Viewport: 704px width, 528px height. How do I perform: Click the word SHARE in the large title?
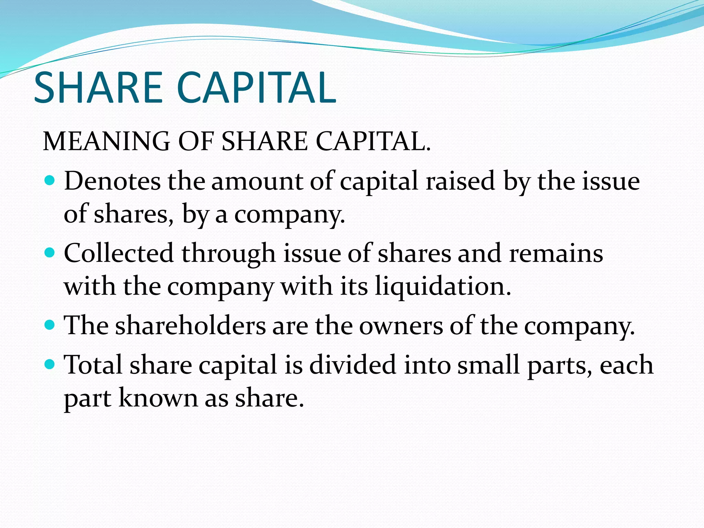[98, 88]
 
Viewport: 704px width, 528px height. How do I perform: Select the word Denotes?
[112, 181]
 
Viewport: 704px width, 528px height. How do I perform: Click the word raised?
[460, 181]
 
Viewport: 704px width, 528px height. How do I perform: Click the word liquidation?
[443, 287]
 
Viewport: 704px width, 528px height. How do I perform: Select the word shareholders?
[190, 326]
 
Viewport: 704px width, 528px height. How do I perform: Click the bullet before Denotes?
[50, 180]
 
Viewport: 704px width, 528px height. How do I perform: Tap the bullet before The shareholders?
[50, 325]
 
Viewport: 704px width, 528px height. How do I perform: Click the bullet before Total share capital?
[50, 364]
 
